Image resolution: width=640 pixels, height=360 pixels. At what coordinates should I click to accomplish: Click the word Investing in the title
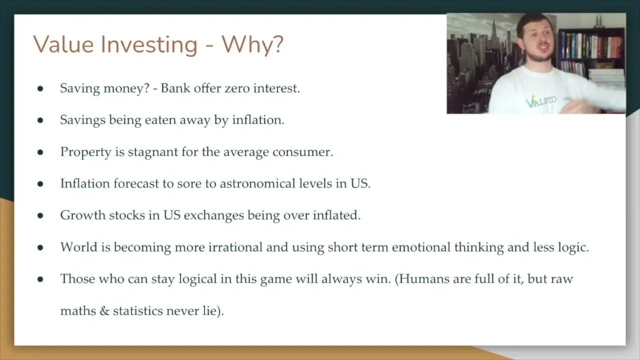(149, 44)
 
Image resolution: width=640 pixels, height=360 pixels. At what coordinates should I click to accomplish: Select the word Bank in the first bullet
(175, 88)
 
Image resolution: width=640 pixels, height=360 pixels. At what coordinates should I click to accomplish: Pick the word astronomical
(257, 183)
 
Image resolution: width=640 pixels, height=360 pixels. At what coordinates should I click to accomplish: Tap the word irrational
(232, 247)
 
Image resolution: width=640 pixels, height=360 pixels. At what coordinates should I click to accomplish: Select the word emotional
(421, 247)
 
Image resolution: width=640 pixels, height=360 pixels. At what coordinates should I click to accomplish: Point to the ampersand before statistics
(104, 310)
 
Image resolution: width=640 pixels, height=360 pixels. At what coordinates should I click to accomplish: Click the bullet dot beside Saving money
(40, 89)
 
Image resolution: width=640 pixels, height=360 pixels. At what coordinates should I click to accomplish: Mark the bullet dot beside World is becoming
(40, 247)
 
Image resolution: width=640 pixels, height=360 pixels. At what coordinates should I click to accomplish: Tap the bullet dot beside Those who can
(40, 279)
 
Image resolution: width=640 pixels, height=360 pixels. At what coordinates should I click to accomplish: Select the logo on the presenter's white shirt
(540, 101)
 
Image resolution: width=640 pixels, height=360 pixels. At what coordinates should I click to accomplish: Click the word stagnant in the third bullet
(152, 152)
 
